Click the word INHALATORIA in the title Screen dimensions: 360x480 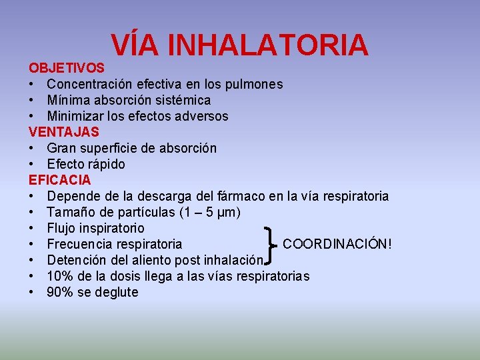click(268, 45)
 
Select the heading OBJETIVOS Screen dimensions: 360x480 click(66, 68)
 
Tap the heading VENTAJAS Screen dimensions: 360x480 click(64, 132)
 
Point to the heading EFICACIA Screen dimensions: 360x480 click(60, 180)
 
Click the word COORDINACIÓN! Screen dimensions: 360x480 click(337, 244)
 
